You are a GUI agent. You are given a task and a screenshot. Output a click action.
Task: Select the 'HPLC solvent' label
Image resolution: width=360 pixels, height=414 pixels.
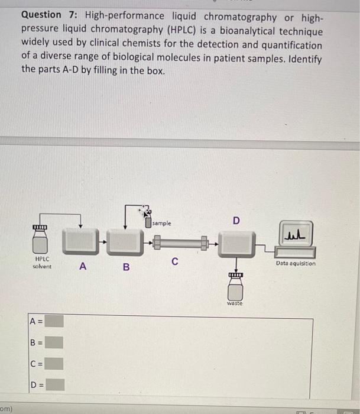coord(41,263)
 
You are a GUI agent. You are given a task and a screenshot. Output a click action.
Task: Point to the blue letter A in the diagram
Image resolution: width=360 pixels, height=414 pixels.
coord(83,267)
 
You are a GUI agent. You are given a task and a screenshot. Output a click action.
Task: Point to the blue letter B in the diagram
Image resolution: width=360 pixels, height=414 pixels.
coord(125,267)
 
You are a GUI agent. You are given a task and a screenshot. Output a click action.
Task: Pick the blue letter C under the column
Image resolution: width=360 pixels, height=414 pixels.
coord(175,261)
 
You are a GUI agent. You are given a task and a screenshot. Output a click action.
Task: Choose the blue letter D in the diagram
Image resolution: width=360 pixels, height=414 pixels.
coord(236,221)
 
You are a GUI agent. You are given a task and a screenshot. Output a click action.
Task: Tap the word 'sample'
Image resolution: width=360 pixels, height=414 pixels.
coord(162,224)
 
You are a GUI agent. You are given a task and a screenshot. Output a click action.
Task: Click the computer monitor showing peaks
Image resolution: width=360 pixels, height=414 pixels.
coord(295,238)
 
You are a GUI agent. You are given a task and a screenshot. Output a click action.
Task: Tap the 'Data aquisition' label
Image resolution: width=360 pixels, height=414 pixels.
coord(296,263)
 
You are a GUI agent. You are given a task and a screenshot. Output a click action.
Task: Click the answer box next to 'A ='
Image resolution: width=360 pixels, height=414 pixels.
coord(55,321)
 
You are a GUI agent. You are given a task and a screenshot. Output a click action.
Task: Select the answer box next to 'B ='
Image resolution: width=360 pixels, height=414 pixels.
coord(55,342)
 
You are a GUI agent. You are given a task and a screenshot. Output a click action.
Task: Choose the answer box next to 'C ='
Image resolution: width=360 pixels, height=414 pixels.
coord(55,363)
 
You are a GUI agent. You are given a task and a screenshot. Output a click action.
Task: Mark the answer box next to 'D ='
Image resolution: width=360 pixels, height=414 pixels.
coord(55,385)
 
